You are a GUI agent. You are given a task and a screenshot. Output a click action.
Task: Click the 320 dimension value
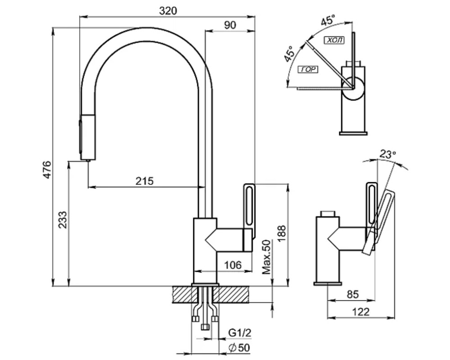pyautogui.click(x=167, y=11)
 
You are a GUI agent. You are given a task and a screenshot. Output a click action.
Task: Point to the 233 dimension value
pyautogui.click(x=62, y=220)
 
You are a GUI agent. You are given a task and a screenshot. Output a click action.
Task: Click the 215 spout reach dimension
pyautogui.click(x=145, y=181)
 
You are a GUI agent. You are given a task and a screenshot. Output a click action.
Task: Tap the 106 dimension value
pyautogui.click(x=232, y=265)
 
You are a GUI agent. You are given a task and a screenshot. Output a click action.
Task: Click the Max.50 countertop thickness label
pyautogui.click(x=267, y=257)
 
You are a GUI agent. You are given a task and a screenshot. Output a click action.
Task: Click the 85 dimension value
pyautogui.click(x=353, y=295)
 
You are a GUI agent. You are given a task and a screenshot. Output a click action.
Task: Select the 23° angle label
pyautogui.click(x=387, y=154)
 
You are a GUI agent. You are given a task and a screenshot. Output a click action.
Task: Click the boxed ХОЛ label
pyautogui.click(x=334, y=40)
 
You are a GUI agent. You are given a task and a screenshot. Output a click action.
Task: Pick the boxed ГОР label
pyautogui.click(x=309, y=69)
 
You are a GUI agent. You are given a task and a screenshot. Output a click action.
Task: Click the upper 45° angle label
pyautogui.click(x=328, y=20)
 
